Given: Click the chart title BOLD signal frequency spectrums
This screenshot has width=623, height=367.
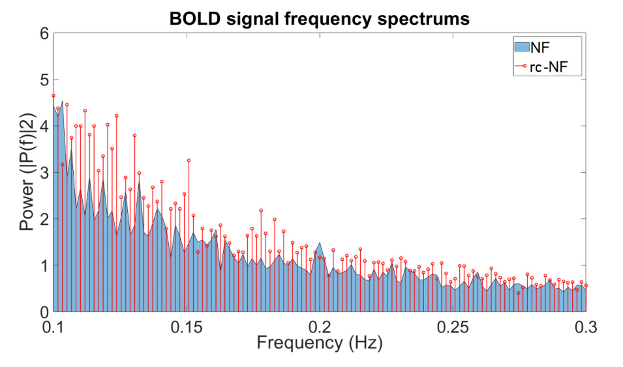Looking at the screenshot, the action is (x=320, y=19).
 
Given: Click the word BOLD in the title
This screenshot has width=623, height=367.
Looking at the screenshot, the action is (x=194, y=18).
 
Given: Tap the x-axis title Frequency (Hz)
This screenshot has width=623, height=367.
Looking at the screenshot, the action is (x=320, y=343).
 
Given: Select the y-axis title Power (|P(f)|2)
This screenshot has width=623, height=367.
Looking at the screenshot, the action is (x=28, y=171).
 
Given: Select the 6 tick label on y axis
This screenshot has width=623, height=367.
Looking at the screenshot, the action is (x=44, y=34).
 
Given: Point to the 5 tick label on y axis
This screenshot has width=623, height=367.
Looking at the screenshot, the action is (x=44, y=80).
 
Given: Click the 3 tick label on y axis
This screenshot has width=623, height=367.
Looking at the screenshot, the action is (x=44, y=172).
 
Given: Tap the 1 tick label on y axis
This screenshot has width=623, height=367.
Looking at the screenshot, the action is (x=44, y=265).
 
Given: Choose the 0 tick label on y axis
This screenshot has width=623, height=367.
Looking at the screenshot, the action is (x=44, y=312).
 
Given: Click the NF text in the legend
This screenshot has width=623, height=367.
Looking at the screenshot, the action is (x=540, y=48).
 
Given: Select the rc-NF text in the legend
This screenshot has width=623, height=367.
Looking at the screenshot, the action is (x=549, y=66).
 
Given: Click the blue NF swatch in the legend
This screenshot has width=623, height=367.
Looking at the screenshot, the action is (x=522, y=48).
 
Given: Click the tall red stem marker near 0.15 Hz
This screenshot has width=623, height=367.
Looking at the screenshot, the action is (x=189, y=160).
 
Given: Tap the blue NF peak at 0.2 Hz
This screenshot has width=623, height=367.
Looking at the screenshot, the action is (x=320, y=242).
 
